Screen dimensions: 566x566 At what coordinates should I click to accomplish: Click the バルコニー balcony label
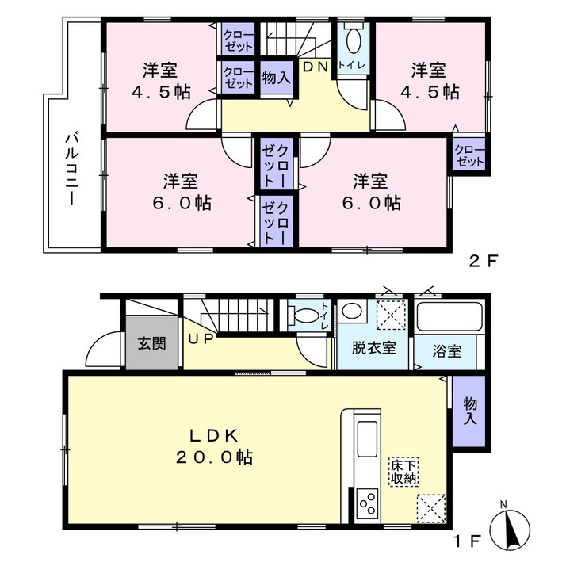coord(72,169)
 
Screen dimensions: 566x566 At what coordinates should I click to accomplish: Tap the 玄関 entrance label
coord(152,343)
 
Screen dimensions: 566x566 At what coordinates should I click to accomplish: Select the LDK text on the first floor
coord(214,436)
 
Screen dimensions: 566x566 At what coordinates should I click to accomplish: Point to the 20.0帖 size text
coord(214,457)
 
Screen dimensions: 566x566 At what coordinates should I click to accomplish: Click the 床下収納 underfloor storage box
coord(403,472)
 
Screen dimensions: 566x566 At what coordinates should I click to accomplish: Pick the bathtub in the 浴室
coord(449,317)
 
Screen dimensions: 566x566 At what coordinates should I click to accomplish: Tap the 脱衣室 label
coord(374,348)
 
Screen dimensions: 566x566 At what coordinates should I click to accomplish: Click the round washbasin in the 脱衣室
coord(352,311)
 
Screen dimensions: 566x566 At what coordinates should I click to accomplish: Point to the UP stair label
coord(201,339)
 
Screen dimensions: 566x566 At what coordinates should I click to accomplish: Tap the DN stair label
coord(316,67)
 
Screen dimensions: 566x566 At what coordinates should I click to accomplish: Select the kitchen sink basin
coord(368,439)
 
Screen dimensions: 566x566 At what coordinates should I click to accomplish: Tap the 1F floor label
coord(468,541)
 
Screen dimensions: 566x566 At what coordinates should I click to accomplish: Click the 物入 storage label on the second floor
coord(277,77)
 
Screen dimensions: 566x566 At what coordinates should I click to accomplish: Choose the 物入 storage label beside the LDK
coord(469,411)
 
